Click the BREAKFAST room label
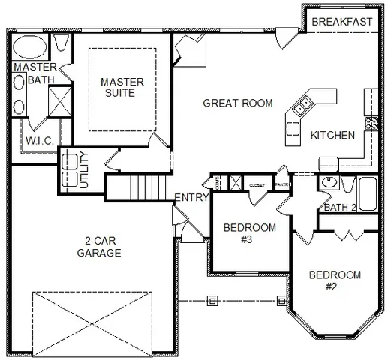tap(341, 22)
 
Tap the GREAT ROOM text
tap(238, 103)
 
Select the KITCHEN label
tap(332, 136)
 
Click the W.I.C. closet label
tap(37, 141)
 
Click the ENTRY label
tap(191, 197)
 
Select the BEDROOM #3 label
tap(250, 233)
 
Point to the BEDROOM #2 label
tap(335, 280)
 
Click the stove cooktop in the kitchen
tap(371, 122)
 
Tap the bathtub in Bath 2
tap(368, 194)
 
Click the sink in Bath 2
tap(327, 182)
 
